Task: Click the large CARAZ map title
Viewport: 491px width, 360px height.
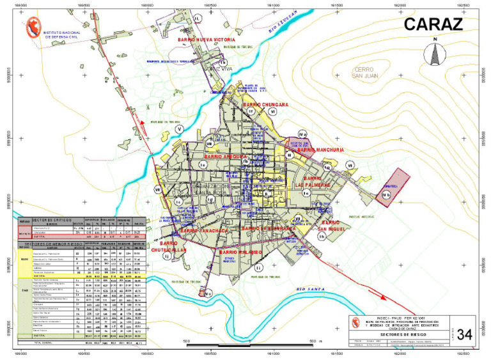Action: tap(432, 25)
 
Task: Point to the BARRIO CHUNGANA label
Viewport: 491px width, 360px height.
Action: tap(265, 104)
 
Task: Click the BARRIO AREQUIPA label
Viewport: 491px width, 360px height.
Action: tap(225, 156)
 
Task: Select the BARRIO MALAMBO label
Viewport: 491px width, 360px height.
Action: tap(240, 252)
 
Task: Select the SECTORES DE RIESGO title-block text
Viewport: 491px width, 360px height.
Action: tap(397, 334)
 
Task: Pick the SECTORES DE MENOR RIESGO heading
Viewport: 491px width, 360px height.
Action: tap(52, 244)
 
